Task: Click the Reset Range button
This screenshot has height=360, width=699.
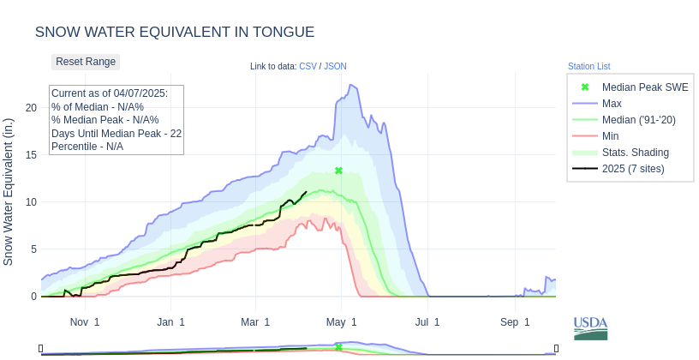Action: coord(86,62)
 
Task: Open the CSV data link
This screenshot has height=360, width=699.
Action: coord(308,67)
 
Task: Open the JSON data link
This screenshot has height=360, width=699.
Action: coord(335,67)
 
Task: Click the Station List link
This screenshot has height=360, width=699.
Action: coord(588,67)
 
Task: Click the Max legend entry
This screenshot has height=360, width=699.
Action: coord(612,104)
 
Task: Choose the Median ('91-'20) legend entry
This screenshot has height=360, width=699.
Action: coord(638,120)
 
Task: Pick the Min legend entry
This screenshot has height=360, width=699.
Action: coord(611,136)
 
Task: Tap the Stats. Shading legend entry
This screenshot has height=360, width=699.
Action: coord(635,153)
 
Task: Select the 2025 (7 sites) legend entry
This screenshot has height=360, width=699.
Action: coord(632,169)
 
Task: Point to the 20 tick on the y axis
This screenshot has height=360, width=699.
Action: coord(31,108)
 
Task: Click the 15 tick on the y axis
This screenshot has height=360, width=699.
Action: coord(31,155)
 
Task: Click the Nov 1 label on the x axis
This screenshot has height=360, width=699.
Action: coord(85,322)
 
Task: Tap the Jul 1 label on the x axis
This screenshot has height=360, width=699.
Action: coord(427,322)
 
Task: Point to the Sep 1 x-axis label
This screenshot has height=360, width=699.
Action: coord(515,322)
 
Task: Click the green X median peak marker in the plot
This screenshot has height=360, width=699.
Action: coord(338,171)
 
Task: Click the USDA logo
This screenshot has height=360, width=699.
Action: coord(590,328)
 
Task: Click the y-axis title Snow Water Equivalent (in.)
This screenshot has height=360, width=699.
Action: coord(9,191)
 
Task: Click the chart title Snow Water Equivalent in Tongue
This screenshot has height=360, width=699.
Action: coord(175,33)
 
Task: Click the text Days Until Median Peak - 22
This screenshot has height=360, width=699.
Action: coord(116,134)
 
